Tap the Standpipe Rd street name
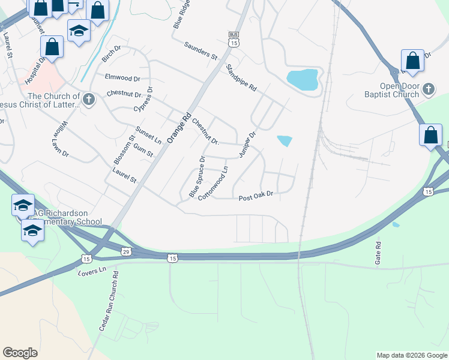[241, 77]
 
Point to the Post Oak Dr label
[256, 196]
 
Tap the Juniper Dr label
[247, 145]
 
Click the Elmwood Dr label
[122, 78]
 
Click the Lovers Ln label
[92, 270]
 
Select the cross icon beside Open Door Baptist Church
[429, 89]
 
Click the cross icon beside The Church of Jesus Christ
[89, 99]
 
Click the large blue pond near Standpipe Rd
[303, 79]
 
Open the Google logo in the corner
[20, 353]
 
